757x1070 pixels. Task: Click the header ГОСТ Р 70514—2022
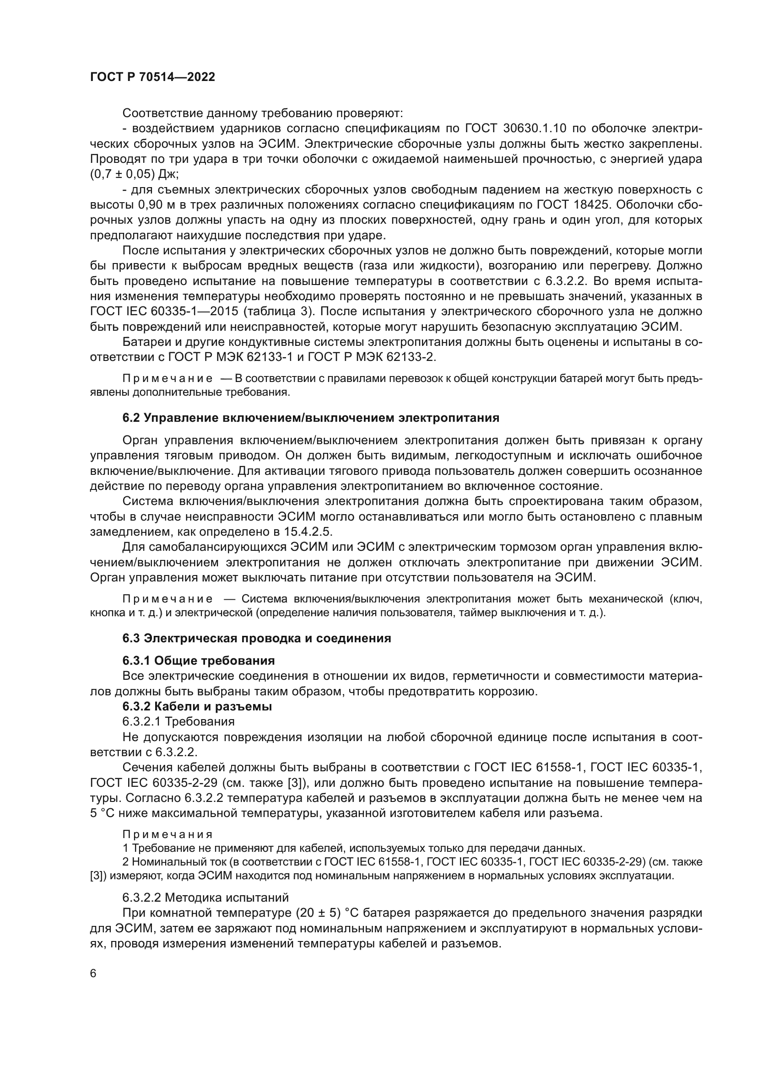152,77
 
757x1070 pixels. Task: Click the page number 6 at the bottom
93,973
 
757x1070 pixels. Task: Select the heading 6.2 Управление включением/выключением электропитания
310,418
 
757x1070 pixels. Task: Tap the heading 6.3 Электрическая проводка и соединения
256,638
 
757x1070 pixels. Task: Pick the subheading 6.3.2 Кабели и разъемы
197,706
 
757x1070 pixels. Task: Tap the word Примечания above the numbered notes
168,834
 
